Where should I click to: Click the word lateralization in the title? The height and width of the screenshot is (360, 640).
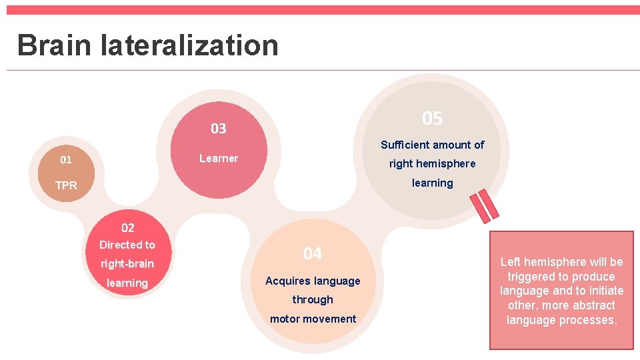point(189,45)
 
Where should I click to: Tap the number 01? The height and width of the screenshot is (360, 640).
point(65,160)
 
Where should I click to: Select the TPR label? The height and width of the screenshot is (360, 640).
point(66,185)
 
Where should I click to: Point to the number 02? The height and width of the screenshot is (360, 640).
point(127,228)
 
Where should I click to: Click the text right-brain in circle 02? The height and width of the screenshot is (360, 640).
point(127,264)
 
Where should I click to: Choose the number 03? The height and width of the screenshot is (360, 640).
point(218,129)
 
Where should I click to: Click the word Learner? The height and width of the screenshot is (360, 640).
point(218,158)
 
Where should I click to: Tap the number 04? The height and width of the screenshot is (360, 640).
point(312,254)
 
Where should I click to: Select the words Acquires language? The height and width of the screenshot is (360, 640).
point(312,281)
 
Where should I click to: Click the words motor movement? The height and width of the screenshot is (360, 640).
point(313,319)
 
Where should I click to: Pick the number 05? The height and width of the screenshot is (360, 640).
point(432,119)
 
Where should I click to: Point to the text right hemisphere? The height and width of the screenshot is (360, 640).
point(432,163)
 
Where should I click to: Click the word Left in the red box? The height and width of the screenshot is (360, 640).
point(512,262)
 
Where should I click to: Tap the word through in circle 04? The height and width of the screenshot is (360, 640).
point(312,299)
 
